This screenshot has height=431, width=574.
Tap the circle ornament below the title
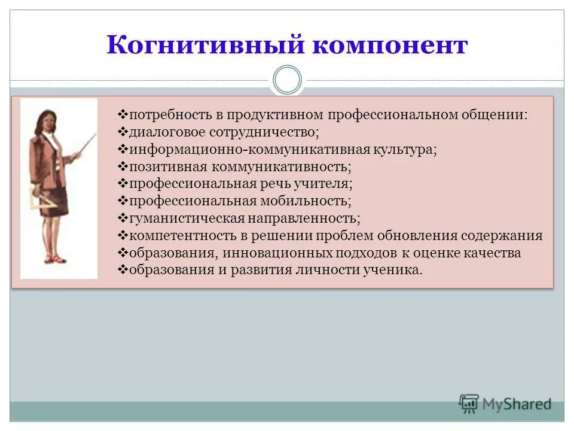(x=287, y=80)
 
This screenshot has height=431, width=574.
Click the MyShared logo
(x=505, y=405)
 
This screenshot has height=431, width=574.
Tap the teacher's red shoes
(x=54, y=259)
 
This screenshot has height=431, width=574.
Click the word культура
(x=407, y=149)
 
